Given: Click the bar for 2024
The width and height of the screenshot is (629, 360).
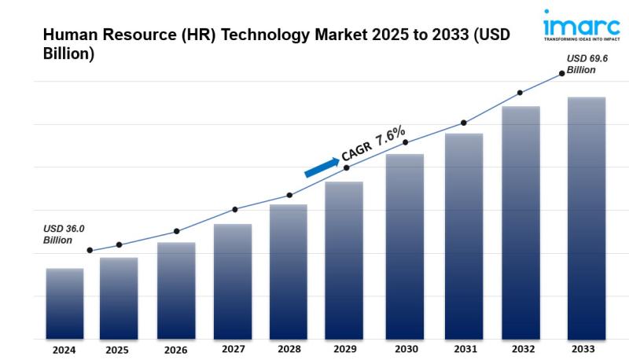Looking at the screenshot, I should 64,303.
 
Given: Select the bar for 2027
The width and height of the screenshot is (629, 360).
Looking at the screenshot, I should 233,281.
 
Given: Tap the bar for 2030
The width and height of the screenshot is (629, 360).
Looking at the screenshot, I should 404,245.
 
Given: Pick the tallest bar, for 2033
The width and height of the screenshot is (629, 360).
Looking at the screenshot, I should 587,218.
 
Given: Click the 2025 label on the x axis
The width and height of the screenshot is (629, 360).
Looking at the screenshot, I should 117,350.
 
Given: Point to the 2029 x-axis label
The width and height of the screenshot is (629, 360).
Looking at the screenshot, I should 345,349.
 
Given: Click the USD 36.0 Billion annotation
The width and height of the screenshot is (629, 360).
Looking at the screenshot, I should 64,234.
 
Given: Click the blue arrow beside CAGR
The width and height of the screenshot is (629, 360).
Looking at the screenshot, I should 322,166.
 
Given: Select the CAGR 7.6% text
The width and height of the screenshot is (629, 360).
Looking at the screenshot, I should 373,144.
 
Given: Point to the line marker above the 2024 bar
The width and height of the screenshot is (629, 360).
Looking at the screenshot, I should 90,250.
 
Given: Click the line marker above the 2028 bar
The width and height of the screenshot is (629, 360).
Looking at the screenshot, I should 289,195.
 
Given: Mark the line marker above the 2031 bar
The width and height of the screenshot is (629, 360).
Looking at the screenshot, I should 464,123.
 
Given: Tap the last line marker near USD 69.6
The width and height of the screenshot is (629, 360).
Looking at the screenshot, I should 562,73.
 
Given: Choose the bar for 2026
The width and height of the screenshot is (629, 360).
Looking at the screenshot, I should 176,290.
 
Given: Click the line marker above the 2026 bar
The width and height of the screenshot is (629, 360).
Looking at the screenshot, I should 176,231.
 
